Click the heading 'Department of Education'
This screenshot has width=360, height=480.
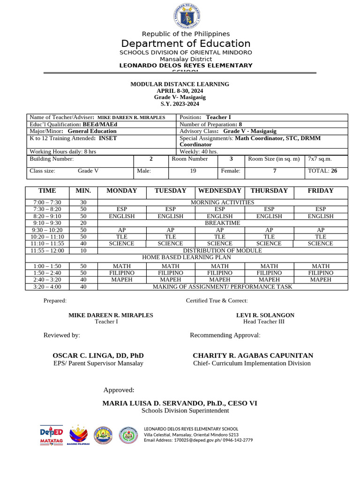tap(186, 44)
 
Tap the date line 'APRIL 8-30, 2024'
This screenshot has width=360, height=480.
tap(180, 90)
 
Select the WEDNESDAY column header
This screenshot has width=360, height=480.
tap(220, 191)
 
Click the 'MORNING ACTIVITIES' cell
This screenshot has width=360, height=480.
tap(223, 202)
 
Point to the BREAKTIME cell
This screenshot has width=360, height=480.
tap(223, 223)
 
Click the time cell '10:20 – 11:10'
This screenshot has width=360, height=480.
tap(47, 237)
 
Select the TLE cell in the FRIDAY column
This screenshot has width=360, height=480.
tap(321, 237)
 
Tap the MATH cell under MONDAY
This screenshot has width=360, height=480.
tap(122, 266)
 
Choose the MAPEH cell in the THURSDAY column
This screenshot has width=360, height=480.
tap(269, 279)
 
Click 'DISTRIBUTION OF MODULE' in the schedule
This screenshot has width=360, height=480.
tap(223, 251)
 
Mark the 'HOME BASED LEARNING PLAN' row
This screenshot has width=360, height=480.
tap(187, 258)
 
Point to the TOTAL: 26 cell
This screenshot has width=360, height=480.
tap(326, 171)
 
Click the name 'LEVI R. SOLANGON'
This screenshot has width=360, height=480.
tap(265, 315)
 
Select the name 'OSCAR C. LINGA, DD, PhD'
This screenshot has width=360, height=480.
tap(98, 356)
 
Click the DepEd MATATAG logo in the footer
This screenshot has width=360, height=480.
tap(52, 435)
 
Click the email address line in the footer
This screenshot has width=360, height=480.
tap(198, 441)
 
